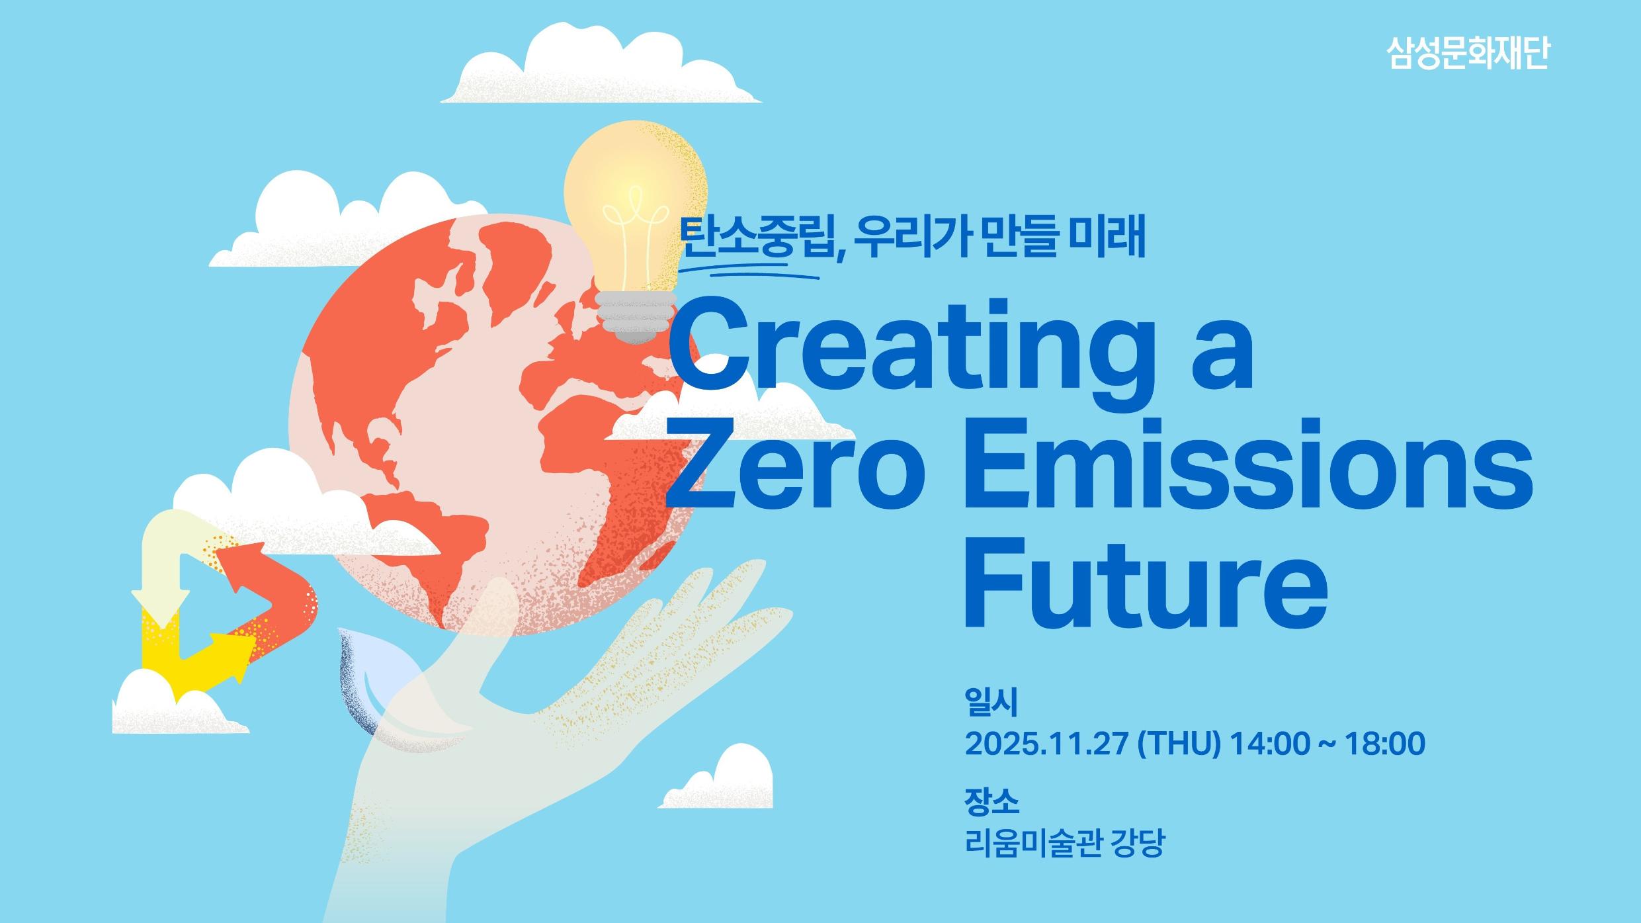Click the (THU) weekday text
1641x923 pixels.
pyautogui.click(x=1178, y=744)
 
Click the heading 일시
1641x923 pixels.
pyautogui.click(x=990, y=703)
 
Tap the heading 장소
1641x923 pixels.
pyautogui.click(x=991, y=802)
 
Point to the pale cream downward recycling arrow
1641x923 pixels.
pyautogui.click(x=159, y=562)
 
